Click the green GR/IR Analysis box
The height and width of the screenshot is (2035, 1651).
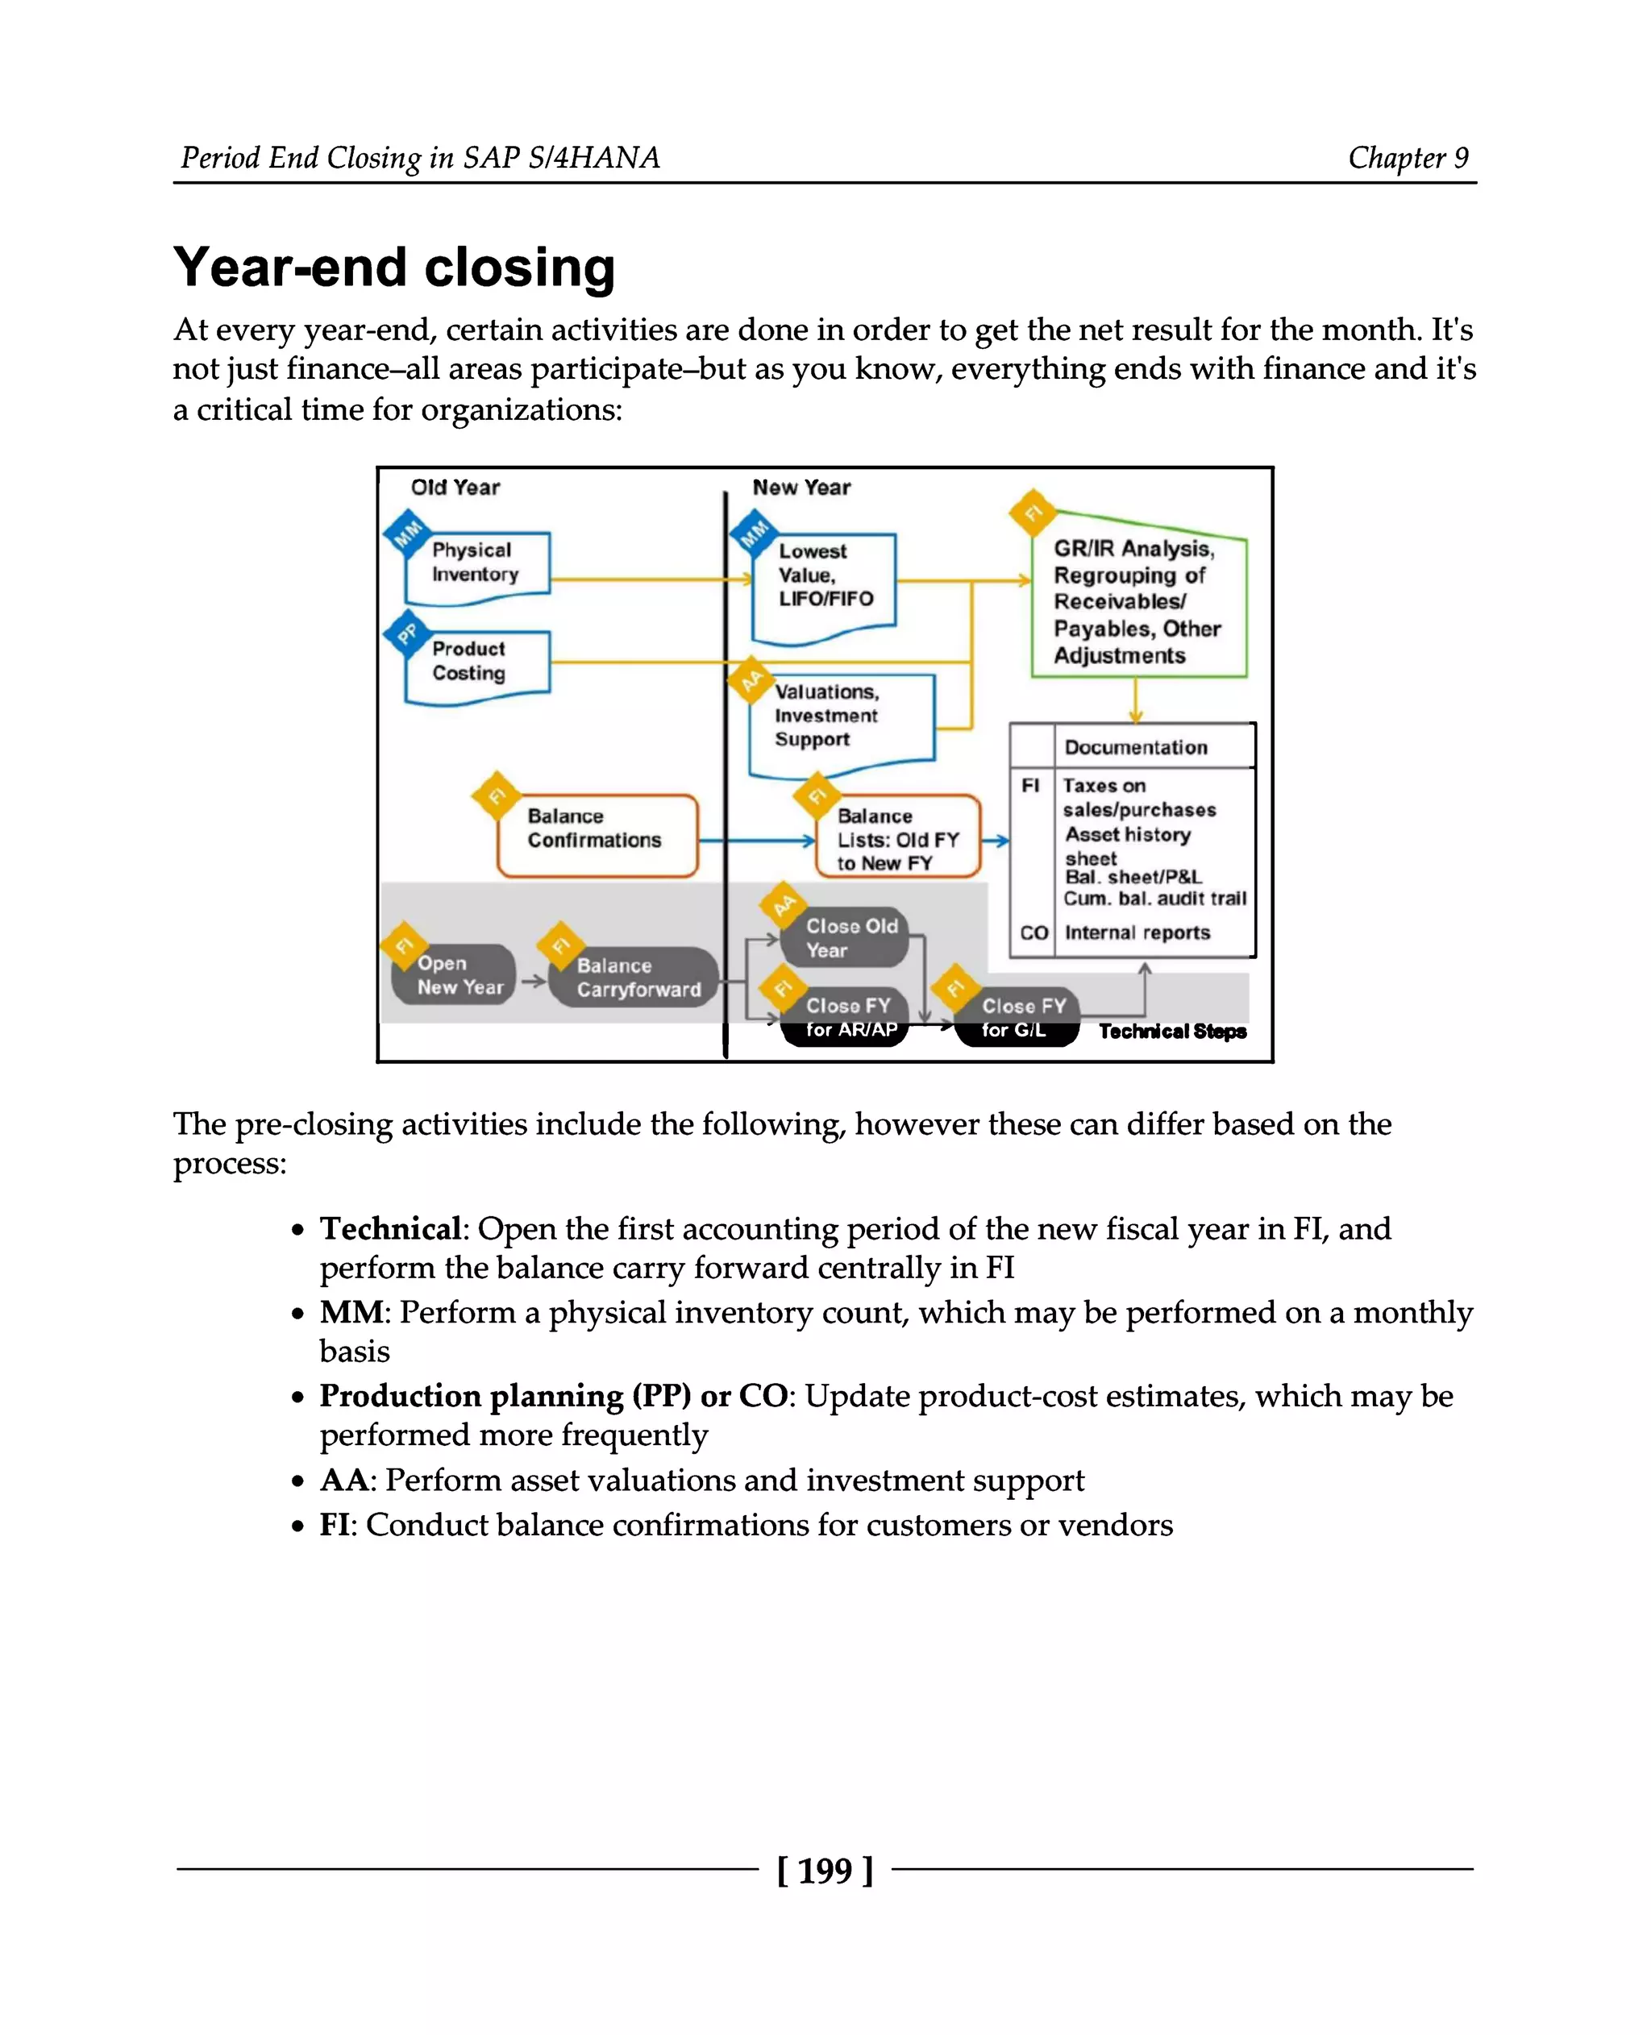tap(1137, 602)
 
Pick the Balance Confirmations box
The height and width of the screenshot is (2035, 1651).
tap(597, 830)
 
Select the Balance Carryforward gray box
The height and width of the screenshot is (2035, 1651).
tap(637, 978)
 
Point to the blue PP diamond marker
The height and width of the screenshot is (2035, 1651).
tap(407, 633)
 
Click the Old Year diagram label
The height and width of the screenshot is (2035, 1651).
tap(455, 488)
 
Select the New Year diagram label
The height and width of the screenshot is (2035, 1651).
tap(801, 488)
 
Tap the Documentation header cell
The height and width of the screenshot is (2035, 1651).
tap(1137, 747)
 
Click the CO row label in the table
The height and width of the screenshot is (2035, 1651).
tap(1033, 932)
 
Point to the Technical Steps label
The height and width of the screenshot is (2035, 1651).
tap(1171, 1032)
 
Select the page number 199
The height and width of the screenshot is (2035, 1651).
tap(825, 1871)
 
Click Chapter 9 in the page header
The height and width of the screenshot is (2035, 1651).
tap(1408, 158)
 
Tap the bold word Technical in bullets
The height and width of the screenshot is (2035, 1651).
tap(390, 1228)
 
